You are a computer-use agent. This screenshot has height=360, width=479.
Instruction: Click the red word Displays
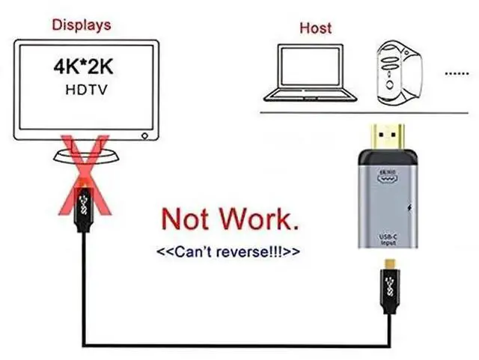tap(82, 25)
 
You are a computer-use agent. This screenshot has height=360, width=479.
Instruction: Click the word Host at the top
tap(315, 28)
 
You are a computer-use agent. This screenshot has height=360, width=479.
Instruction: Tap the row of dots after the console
tap(456, 74)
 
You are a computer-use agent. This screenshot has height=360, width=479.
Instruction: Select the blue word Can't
tap(190, 251)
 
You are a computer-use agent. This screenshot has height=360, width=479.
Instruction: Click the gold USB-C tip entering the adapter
tap(389, 262)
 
